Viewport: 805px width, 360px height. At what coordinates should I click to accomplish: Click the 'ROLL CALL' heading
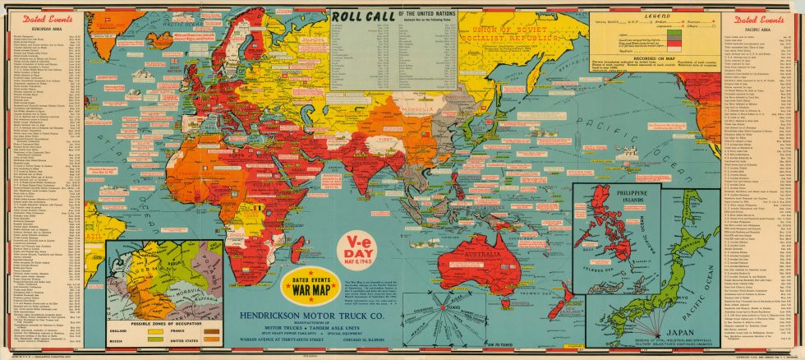point(364,16)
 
